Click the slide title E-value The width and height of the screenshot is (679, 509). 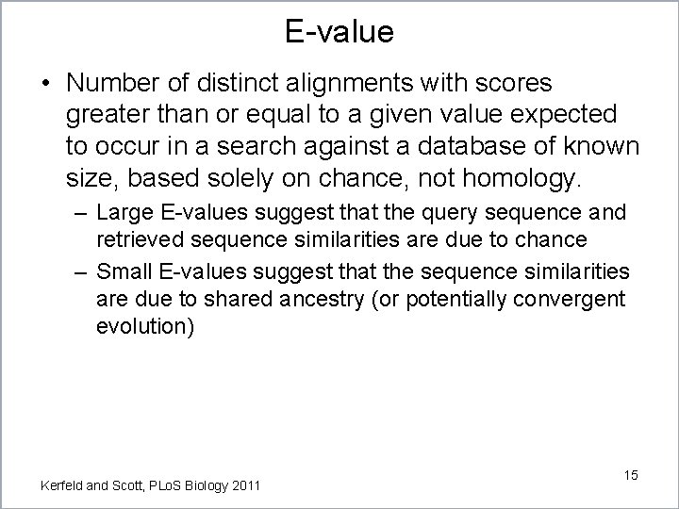click(x=339, y=31)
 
